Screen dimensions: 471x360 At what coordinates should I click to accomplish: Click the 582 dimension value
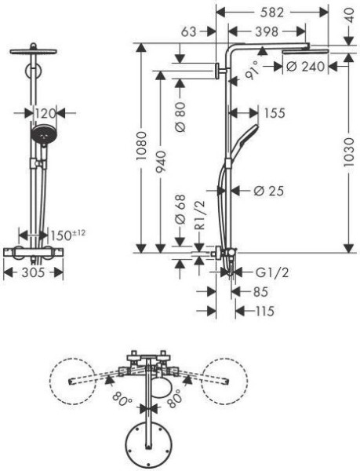[274, 13]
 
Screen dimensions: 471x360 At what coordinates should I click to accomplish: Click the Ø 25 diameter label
[267, 190]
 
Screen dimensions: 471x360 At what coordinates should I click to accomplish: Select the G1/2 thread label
[271, 272]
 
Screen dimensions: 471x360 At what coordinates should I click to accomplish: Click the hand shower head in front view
[44, 134]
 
